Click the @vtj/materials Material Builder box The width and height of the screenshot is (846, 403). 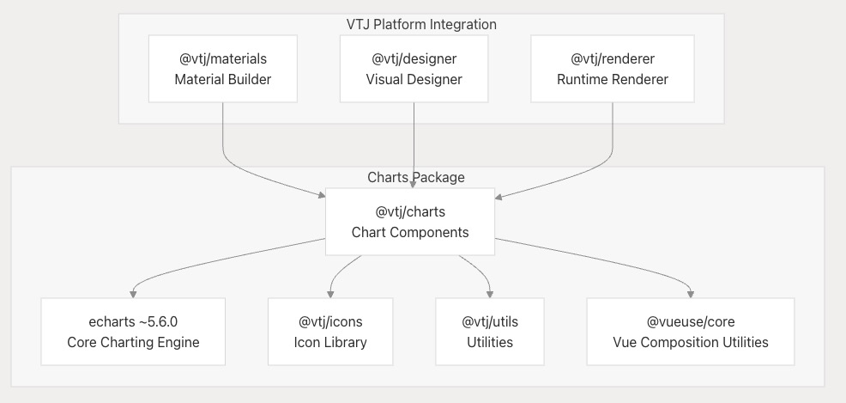223,69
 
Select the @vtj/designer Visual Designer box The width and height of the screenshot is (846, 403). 414,69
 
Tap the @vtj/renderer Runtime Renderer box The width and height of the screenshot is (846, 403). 613,69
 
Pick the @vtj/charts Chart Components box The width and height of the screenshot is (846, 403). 410,222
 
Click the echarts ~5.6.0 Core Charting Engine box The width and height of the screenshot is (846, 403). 133,332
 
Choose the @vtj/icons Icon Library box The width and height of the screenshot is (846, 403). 330,332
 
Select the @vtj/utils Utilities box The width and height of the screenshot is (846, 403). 490,332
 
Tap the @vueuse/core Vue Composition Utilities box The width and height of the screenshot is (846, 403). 691,332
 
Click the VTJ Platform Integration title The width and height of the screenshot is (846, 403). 421,24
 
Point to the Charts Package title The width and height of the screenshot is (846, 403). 416,177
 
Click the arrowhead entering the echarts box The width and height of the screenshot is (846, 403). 133,295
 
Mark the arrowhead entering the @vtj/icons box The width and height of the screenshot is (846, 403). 330,295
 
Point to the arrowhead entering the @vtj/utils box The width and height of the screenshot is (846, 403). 490,295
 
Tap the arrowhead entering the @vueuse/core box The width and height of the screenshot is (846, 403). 691,295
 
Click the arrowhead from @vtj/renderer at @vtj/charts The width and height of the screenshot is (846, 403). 499,197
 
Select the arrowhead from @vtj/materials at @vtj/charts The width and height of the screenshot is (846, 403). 322,194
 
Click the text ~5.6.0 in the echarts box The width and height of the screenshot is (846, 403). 158,321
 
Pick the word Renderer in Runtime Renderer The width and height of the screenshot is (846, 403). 640,79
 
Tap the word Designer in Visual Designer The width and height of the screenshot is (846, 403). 436,79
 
